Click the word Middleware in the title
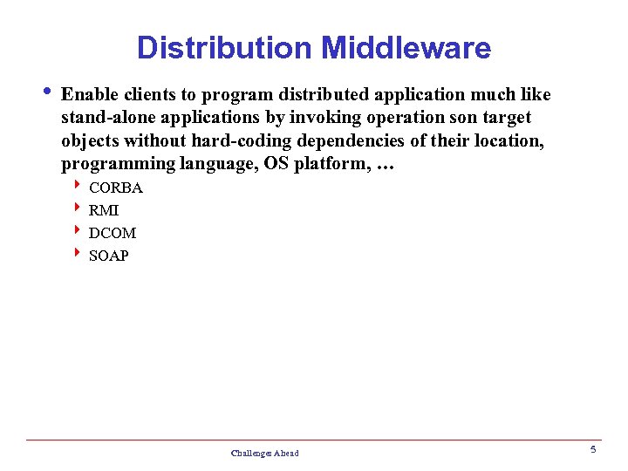pos(406,47)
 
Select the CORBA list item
pos(116,188)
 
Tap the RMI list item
pos(104,210)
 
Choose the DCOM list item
pos(113,233)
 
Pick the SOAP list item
pos(109,256)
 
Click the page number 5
pos(592,450)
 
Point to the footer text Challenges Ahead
pos(264,453)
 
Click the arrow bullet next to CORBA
pos(78,186)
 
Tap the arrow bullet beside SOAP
pos(78,254)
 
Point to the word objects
pos(91,140)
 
